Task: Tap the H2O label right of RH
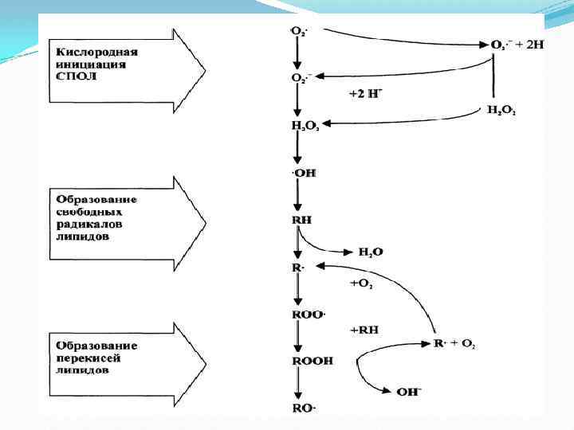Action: pyautogui.click(x=370, y=252)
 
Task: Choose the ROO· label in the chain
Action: pyautogui.click(x=309, y=315)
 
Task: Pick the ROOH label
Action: pyautogui.click(x=312, y=361)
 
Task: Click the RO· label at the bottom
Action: pyautogui.click(x=304, y=408)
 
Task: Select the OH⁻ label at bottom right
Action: pyautogui.click(x=410, y=391)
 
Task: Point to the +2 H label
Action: pyautogui.click(x=366, y=93)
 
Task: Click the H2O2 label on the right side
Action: pyautogui.click(x=501, y=111)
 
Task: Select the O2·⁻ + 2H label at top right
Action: pyautogui.click(x=516, y=45)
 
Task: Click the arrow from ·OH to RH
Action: pyautogui.click(x=297, y=196)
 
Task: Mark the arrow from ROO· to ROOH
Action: pyautogui.click(x=297, y=338)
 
